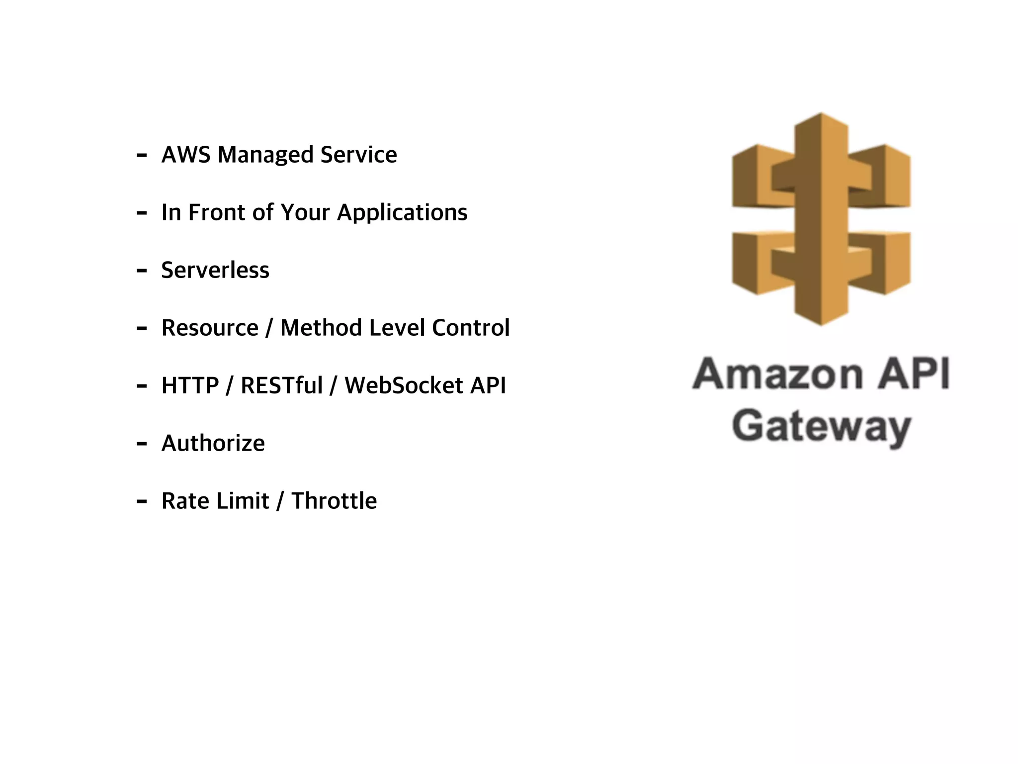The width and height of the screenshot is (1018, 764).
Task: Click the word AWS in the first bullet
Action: coord(186,155)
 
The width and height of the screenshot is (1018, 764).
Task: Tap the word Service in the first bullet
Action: coord(358,155)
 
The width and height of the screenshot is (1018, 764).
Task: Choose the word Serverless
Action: coord(215,270)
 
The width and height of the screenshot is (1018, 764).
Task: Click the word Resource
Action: coord(210,328)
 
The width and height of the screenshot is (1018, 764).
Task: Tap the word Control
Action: coord(471,328)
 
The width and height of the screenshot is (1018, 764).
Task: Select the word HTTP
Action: coord(190,385)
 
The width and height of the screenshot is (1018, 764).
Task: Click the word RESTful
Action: coord(282,385)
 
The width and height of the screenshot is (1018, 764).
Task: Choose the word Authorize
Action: coord(213,443)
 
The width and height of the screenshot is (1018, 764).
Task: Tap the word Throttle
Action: coord(334,501)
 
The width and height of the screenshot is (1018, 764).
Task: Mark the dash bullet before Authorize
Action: coord(142,444)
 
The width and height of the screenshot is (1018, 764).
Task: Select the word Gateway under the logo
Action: coord(821,427)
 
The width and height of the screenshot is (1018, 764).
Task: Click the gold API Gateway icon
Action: coord(821,219)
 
